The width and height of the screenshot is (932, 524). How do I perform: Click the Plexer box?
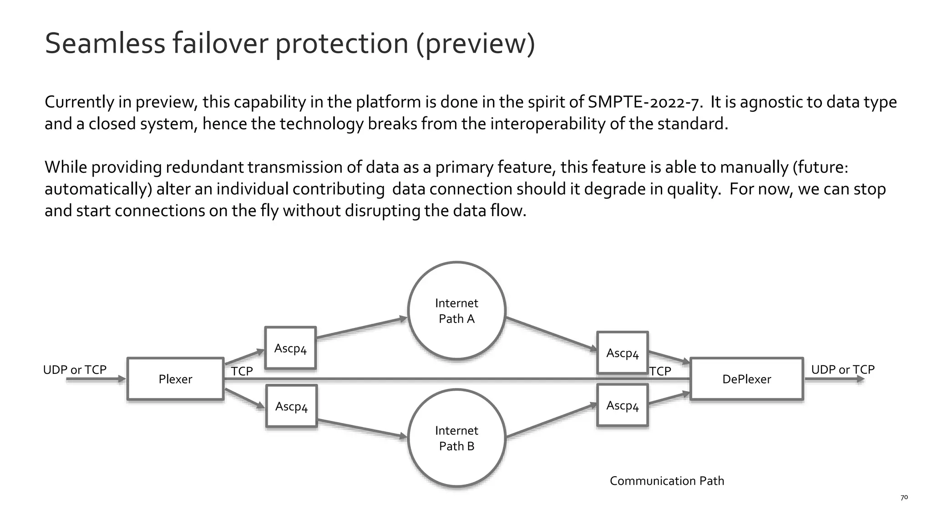pos(175,379)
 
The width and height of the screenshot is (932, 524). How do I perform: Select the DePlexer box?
pos(746,379)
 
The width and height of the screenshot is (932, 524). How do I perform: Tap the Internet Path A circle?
pos(456,311)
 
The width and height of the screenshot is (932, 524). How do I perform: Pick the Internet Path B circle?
pos(456,438)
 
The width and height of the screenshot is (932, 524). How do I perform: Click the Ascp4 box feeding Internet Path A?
pos(290,348)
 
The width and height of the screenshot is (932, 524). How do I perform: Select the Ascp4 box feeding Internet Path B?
pos(291,406)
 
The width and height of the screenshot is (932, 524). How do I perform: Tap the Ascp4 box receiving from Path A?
pos(622,353)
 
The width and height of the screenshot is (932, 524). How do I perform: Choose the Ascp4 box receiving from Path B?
pos(622,405)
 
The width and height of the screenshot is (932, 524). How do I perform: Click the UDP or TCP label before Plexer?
pos(75,370)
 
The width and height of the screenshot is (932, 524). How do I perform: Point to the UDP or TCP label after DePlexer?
pos(843,370)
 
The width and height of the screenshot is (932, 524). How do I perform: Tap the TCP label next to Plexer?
pos(242,371)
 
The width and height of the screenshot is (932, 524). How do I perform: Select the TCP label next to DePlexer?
pos(660,371)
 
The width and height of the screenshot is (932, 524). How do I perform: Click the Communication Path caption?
pos(667,481)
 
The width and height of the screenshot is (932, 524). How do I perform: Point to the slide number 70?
pos(904,498)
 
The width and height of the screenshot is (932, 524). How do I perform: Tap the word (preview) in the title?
pos(476,44)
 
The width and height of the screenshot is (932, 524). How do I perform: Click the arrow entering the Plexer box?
pos(96,379)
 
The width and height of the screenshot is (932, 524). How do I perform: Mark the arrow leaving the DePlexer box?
pos(835,379)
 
